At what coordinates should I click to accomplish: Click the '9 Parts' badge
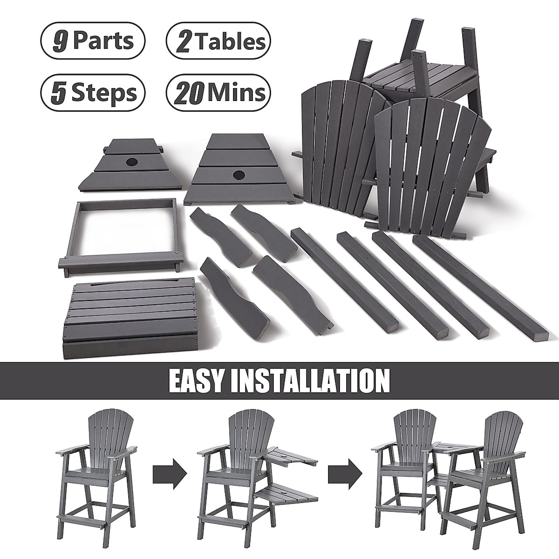(93, 41)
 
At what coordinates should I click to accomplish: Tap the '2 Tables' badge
(218, 41)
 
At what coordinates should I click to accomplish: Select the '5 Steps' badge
(93, 92)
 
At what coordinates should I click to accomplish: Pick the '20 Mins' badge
(218, 92)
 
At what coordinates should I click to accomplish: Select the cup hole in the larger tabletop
(239, 176)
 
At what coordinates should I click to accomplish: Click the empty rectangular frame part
(119, 233)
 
